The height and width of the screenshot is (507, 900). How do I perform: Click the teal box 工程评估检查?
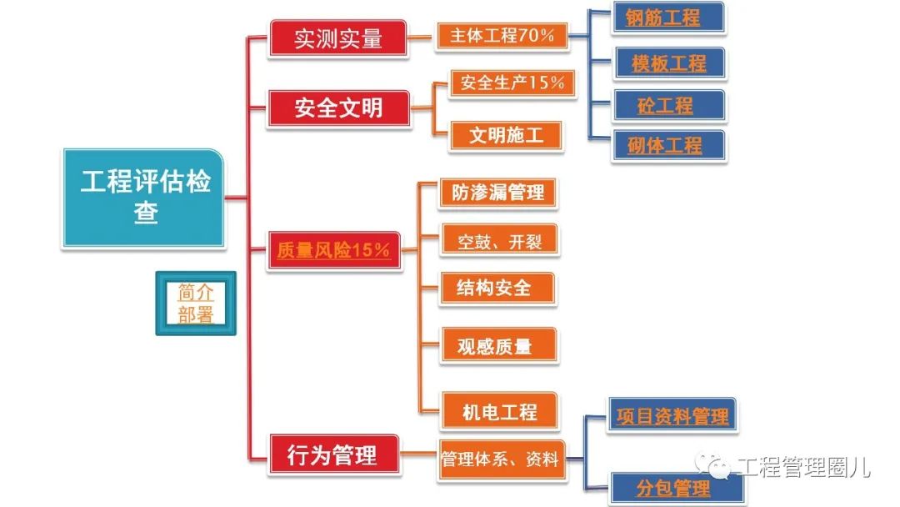coord(143,198)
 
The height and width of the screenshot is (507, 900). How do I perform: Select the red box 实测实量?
coord(338,38)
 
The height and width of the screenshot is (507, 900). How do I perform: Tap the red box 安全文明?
coord(338,108)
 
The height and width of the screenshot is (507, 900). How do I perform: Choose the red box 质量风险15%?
coord(333,250)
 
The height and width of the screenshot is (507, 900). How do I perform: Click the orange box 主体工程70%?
coord(502,36)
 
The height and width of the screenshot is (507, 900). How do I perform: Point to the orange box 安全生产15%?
coord(512,83)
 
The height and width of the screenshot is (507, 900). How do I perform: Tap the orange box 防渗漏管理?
coord(497,193)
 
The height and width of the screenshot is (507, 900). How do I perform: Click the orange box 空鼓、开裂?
coord(499,241)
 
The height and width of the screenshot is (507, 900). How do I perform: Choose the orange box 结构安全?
coord(497,288)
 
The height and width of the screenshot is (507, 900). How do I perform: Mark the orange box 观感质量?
coord(498,345)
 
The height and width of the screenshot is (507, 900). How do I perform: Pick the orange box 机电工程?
coord(499,410)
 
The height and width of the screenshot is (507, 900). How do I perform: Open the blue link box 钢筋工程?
coord(668,18)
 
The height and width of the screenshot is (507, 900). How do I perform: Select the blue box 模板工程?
coord(670,63)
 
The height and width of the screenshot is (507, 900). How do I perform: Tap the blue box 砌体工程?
coord(668,146)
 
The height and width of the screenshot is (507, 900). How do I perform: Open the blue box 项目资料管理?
coord(672,415)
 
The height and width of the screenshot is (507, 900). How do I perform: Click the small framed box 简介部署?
coord(196,304)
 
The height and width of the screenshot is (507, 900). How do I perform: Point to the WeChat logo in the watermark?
coord(712,464)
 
